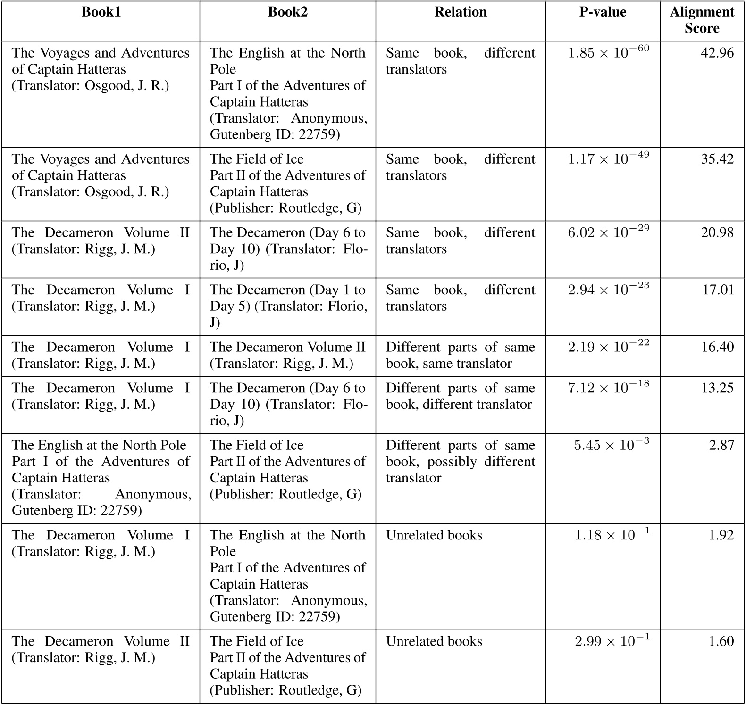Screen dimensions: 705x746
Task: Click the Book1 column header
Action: (101, 12)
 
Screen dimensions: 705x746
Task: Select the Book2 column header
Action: (287, 12)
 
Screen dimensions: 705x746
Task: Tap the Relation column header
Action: (461, 12)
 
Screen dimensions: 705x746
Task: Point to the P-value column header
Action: (603, 12)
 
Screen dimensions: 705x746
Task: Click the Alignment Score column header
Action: (702, 20)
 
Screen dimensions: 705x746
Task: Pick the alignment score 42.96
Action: (717, 53)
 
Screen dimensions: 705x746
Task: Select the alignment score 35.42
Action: (717, 159)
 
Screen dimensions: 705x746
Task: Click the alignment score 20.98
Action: (717, 232)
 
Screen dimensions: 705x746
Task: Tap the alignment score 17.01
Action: (718, 290)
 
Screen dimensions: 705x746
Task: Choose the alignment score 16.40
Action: (717, 347)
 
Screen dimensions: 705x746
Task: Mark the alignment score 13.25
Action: (718, 388)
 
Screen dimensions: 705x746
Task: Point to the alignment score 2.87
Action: (721, 445)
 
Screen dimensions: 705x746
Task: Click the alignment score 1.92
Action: (721, 535)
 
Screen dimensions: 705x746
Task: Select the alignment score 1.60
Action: (721, 641)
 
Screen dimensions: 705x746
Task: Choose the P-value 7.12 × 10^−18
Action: (608, 387)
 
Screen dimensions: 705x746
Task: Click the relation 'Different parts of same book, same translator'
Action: (461, 355)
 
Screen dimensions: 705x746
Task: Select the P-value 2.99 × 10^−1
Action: (612, 640)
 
